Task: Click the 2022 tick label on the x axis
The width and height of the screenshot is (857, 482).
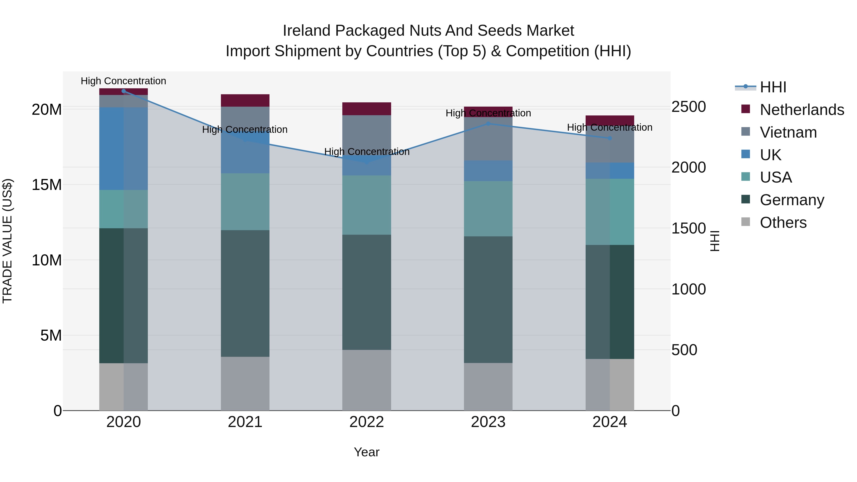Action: pyautogui.click(x=367, y=422)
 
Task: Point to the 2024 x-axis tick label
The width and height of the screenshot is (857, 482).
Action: pyautogui.click(x=609, y=422)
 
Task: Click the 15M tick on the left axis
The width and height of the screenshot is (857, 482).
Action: pyautogui.click(x=47, y=185)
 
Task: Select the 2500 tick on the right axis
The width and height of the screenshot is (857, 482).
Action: pyautogui.click(x=688, y=107)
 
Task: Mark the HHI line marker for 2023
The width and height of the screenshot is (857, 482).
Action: pyautogui.click(x=488, y=124)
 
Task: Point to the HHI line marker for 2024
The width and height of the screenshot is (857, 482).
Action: pyautogui.click(x=609, y=138)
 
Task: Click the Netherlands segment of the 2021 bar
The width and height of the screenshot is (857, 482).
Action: pyautogui.click(x=245, y=100)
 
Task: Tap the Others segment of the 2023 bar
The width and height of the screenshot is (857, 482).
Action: pyautogui.click(x=488, y=387)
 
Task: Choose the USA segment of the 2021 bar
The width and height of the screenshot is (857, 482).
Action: pyautogui.click(x=245, y=202)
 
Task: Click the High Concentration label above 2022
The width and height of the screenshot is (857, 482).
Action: pyautogui.click(x=367, y=152)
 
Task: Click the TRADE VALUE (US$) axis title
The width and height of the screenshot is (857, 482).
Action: pyautogui.click(x=7, y=241)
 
